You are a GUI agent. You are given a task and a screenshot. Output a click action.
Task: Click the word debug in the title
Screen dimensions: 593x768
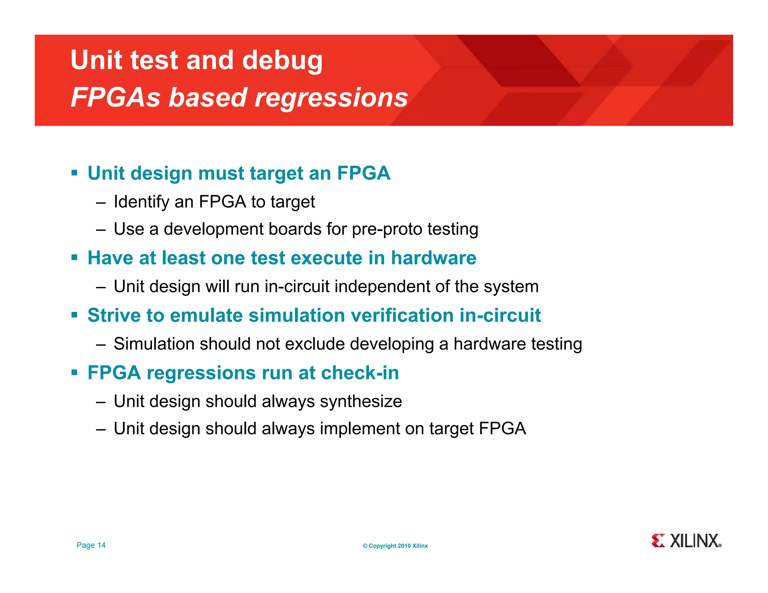pyautogui.click(x=282, y=61)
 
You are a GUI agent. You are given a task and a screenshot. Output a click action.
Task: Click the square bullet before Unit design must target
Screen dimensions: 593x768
pyautogui.click(x=74, y=173)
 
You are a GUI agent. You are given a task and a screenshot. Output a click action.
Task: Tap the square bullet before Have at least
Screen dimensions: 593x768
pyautogui.click(x=74, y=258)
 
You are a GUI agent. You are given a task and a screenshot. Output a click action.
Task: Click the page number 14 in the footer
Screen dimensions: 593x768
pyautogui.click(x=101, y=545)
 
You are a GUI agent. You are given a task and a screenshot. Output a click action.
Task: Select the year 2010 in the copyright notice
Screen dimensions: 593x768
pyautogui.click(x=404, y=546)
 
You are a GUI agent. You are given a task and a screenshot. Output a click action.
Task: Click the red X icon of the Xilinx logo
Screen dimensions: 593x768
pyautogui.click(x=658, y=541)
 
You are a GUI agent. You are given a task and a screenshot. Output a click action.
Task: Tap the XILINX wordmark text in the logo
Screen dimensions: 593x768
pyautogui.click(x=694, y=541)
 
